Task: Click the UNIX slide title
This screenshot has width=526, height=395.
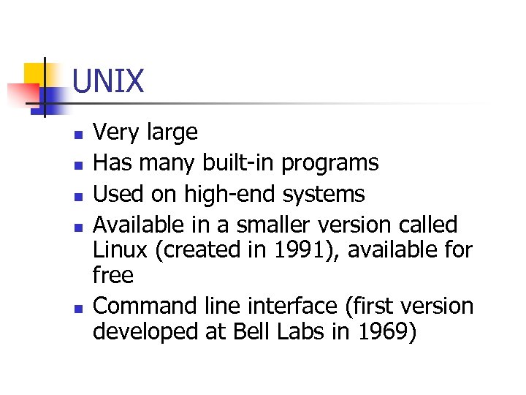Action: (109, 81)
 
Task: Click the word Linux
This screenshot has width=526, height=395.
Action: (119, 250)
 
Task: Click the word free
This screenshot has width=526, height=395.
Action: (113, 276)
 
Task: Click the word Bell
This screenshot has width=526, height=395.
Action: (250, 332)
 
